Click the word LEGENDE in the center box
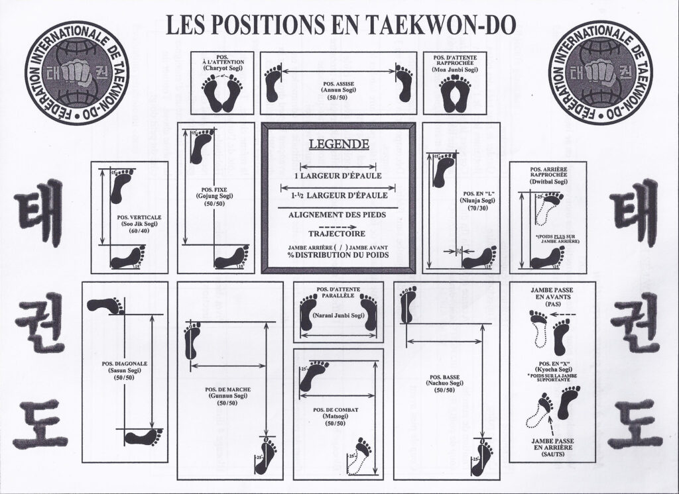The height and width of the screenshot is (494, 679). click(x=338, y=144)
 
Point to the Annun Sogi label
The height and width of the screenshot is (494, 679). click(x=338, y=90)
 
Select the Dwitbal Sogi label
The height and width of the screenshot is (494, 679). click(x=548, y=181)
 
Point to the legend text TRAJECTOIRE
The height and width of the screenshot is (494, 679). click(x=338, y=233)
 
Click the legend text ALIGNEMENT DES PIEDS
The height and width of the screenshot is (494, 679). click(x=338, y=215)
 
